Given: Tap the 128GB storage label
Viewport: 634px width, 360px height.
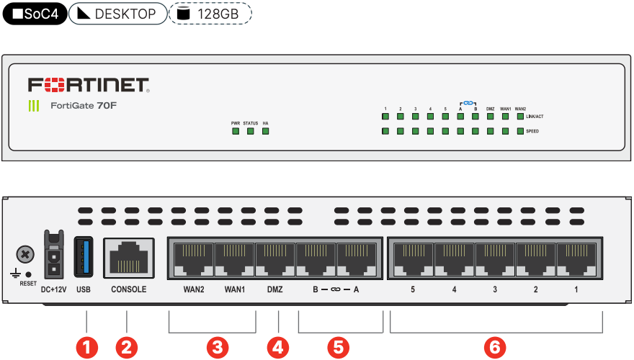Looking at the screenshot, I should pos(211,14).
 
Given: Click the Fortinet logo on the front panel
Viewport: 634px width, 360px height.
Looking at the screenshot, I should pos(89,86).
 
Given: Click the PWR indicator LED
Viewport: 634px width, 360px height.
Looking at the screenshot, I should pos(235,132).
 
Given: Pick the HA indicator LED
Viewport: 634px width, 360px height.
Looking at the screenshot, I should pos(265,132).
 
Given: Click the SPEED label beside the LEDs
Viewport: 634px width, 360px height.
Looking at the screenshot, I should pos(532,132).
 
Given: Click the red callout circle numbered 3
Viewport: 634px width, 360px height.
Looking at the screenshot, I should pos(217,347).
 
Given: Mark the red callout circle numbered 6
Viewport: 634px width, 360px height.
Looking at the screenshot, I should pos(494,347).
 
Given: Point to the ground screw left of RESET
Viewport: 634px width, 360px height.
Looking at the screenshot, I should pos(25,253).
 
